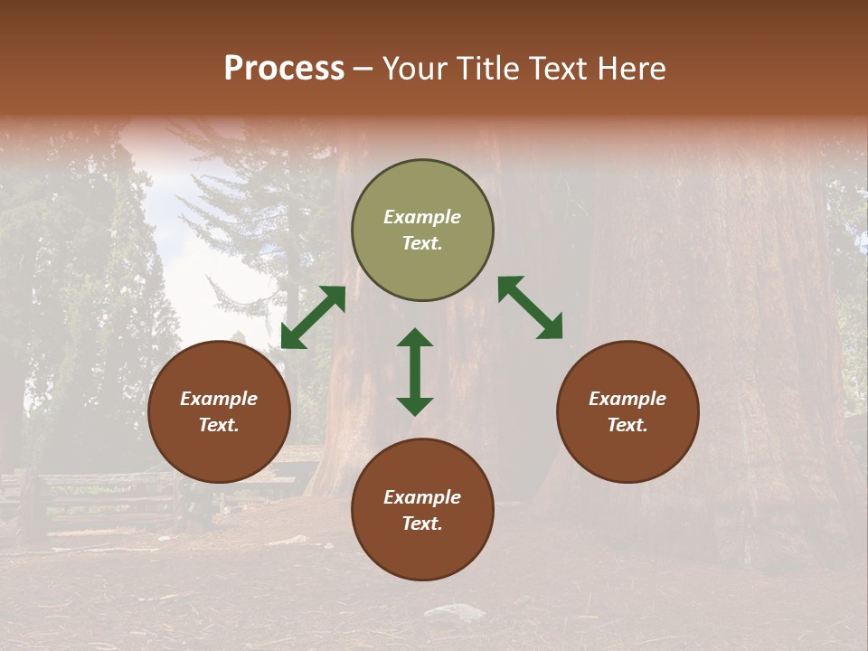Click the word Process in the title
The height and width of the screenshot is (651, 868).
tap(284, 69)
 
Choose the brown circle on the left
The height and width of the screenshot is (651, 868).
tap(219, 411)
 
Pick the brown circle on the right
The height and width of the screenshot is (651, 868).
tap(627, 411)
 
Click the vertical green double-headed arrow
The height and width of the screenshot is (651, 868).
tap(415, 372)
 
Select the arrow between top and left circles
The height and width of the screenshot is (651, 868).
tap(313, 317)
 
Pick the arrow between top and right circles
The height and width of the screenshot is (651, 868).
tap(530, 307)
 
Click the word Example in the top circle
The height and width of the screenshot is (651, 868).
tap(422, 217)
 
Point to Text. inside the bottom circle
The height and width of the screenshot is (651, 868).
tap(422, 524)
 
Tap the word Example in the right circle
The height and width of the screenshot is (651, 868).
tap(627, 399)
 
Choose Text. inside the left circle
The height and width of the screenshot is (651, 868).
tap(219, 425)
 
